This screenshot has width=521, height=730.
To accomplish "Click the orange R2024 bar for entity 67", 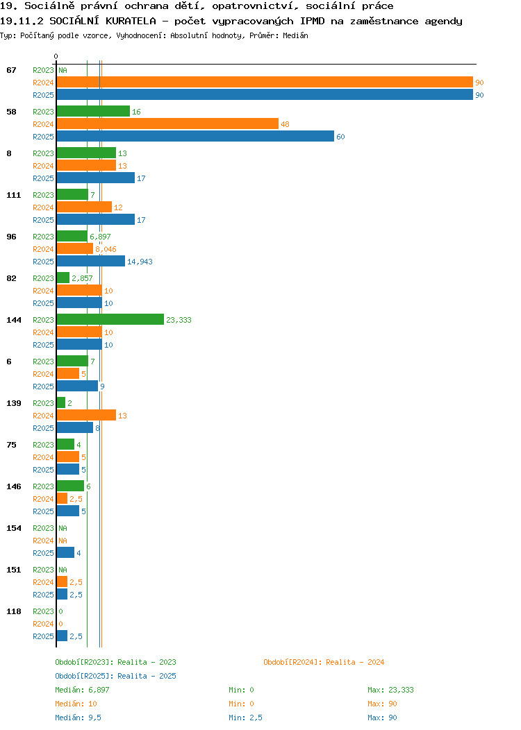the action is pyautogui.click(x=265, y=83).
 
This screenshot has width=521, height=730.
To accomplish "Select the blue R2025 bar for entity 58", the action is pyautogui.click(x=195, y=137).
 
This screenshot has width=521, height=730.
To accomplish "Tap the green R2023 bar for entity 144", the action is pyautogui.click(x=110, y=320).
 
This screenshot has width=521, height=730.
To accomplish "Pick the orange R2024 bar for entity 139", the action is pyautogui.click(x=86, y=415).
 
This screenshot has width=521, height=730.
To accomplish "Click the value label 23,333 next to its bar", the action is pyautogui.click(x=179, y=320).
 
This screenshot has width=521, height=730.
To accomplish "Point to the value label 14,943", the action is pyautogui.click(x=140, y=262).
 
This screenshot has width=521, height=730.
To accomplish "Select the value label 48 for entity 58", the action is pyautogui.click(x=286, y=124).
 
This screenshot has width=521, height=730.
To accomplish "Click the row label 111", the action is pyautogui.click(x=13, y=195).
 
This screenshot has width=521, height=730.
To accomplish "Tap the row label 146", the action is pyautogui.click(x=13, y=486).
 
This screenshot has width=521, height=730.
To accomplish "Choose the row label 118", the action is pyautogui.click(x=13, y=611).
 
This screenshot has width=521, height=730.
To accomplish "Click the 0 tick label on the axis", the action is pyautogui.click(x=56, y=56).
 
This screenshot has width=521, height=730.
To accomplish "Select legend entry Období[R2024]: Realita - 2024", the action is pyautogui.click(x=324, y=662).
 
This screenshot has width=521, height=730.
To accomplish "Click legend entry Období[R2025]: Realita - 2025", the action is pyautogui.click(x=115, y=676).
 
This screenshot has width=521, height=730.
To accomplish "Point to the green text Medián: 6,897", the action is pyautogui.click(x=82, y=690).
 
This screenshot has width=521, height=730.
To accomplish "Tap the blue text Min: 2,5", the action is pyautogui.click(x=246, y=718).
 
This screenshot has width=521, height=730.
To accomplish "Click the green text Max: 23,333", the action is pyautogui.click(x=390, y=690).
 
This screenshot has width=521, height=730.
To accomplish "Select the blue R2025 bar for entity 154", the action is pyautogui.click(x=66, y=552).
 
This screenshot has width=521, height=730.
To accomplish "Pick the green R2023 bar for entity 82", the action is pyautogui.click(x=63, y=278).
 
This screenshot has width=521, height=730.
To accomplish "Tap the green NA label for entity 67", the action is pyautogui.click(x=63, y=70).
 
